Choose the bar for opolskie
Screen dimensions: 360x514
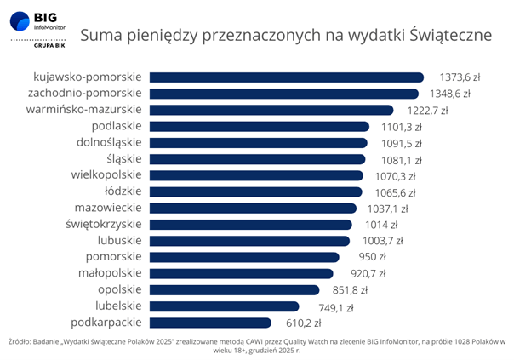[233, 290]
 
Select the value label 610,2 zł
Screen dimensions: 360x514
[303, 323]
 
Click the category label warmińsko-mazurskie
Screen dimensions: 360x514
[84, 110]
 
